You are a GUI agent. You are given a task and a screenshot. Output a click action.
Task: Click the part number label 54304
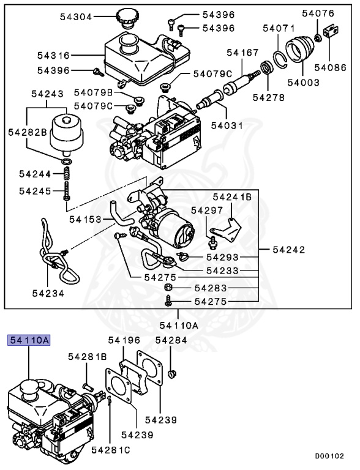pyautogui.click(x=76, y=17)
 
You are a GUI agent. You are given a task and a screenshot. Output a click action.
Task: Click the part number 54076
pyautogui.click(x=318, y=13)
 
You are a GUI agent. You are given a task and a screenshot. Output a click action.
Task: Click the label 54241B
pyautogui.click(x=232, y=197)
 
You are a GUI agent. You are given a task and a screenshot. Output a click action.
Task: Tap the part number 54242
pyautogui.click(x=288, y=250)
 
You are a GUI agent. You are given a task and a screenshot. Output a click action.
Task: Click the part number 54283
pyautogui.click(x=211, y=288)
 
